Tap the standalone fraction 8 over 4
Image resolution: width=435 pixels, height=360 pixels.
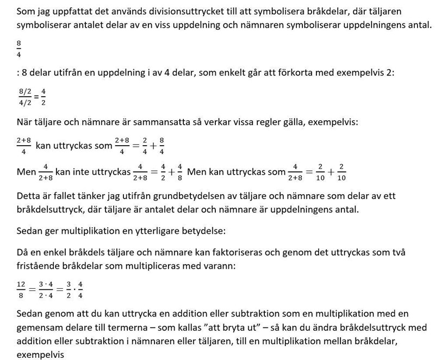coord(20,48)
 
